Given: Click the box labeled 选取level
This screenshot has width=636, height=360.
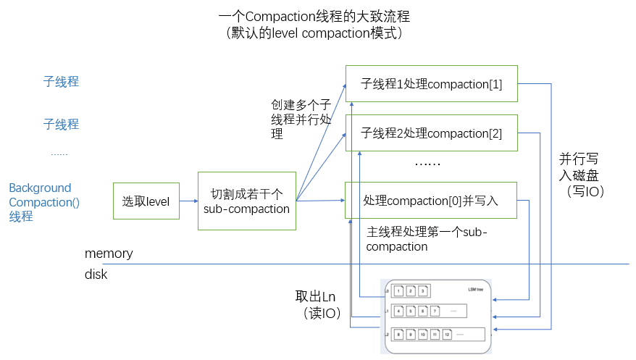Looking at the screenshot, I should (x=146, y=201).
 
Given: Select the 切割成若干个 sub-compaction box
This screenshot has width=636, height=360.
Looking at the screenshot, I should (x=247, y=201).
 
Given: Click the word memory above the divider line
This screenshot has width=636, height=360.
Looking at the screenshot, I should (x=109, y=254).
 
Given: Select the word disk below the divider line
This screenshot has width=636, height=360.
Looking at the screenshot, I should (x=96, y=275).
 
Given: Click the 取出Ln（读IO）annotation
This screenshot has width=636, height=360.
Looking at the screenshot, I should (x=317, y=305).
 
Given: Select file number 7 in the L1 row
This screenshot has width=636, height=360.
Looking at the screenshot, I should (x=435, y=311).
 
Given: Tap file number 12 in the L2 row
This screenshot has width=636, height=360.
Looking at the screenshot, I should (x=447, y=335).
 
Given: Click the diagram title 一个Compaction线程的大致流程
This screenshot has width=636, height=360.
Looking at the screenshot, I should (x=319, y=16).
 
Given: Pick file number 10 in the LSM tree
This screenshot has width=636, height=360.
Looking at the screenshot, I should (x=423, y=335).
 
